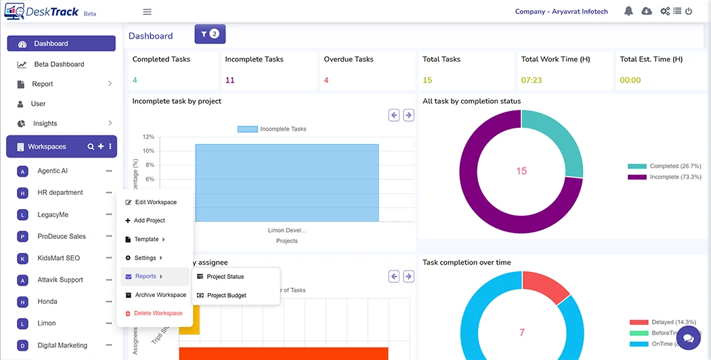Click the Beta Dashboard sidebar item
coord(59,64)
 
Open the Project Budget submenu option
coord(226,295)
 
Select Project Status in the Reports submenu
coord(225,277)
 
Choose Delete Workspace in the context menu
coord(158,313)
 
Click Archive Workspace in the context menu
coord(160,295)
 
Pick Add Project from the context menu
coord(149,221)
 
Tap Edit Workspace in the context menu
coord(156,202)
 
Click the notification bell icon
coord(628,12)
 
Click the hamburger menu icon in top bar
coord(147,12)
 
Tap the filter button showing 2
coord(210,34)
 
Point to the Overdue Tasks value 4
coord(326,81)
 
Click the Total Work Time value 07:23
coord(532,81)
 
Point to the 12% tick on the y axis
coord(148,137)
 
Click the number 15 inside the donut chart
coord(521,171)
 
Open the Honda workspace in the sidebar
coord(47,302)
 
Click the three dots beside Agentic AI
coord(109,171)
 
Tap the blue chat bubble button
coord(689,338)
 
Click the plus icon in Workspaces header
coord(101,147)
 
